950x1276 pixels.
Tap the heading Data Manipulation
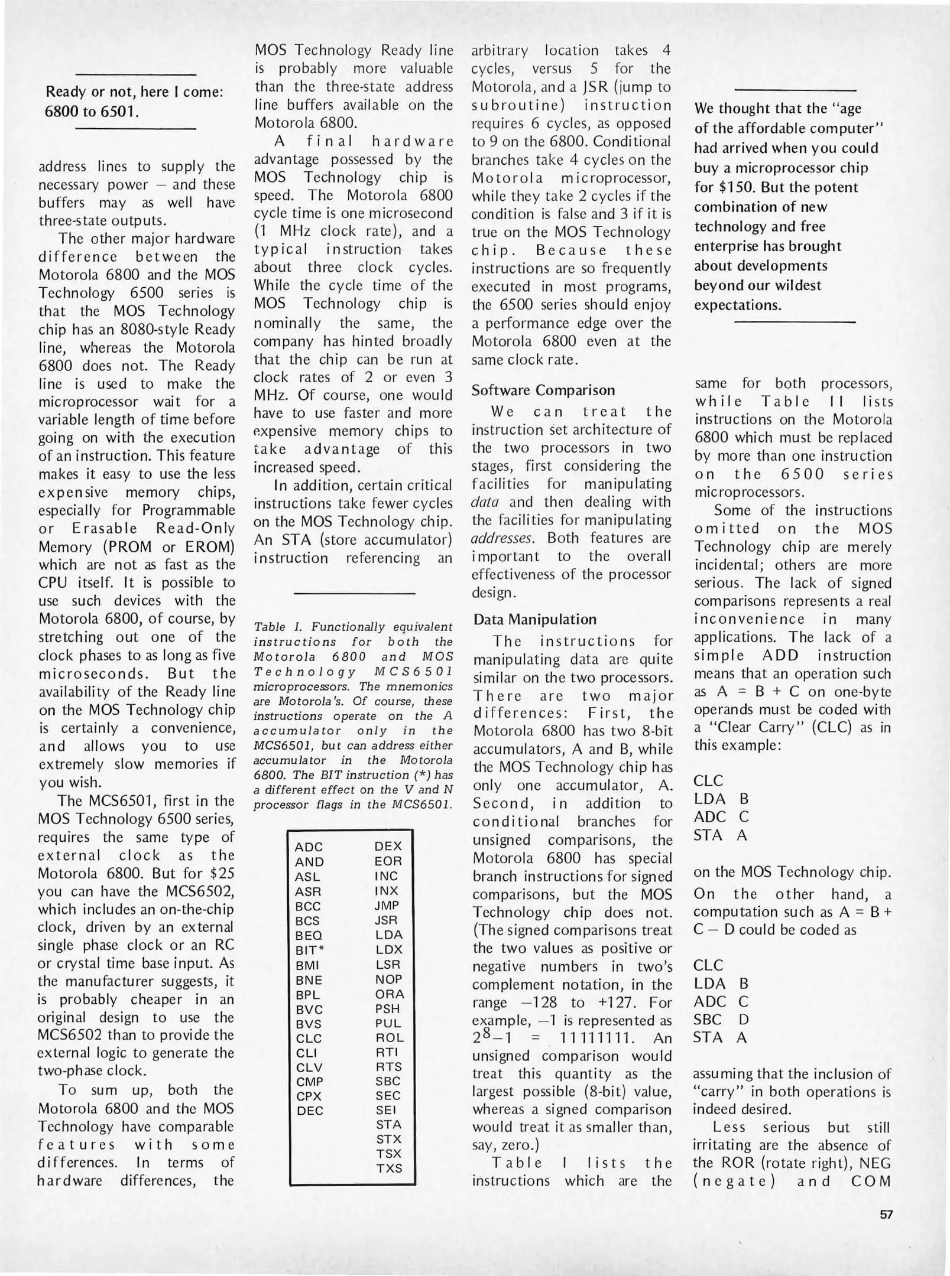coord(535,619)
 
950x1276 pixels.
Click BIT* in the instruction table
coord(310,950)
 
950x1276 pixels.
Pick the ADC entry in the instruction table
coord(309,847)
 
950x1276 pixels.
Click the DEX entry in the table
coord(388,846)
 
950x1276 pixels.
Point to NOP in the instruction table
coord(388,979)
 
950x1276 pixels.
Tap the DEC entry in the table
coord(310,1110)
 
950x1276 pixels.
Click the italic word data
coord(485,502)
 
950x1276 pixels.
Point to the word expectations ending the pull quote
coord(737,305)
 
